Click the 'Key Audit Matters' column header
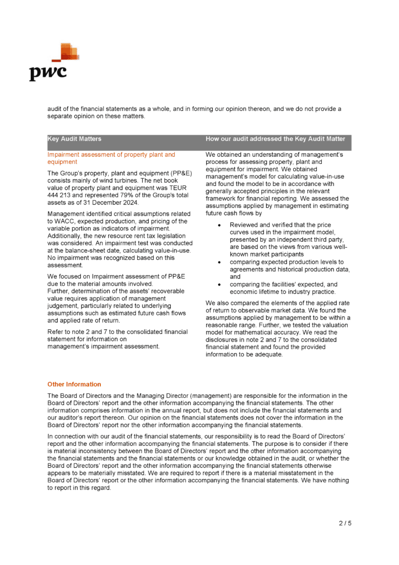pyautogui.click(x=74, y=139)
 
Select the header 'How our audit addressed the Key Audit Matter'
pyautogui.click(x=275, y=139)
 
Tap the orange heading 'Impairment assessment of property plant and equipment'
pyautogui.click(x=111, y=158)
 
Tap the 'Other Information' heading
pyautogui.click(x=74, y=384)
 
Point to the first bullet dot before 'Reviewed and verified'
pyautogui.click(x=220, y=226)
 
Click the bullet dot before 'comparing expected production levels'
pyautogui.click(x=220, y=262)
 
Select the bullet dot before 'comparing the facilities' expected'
pyautogui.click(x=220, y=284)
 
